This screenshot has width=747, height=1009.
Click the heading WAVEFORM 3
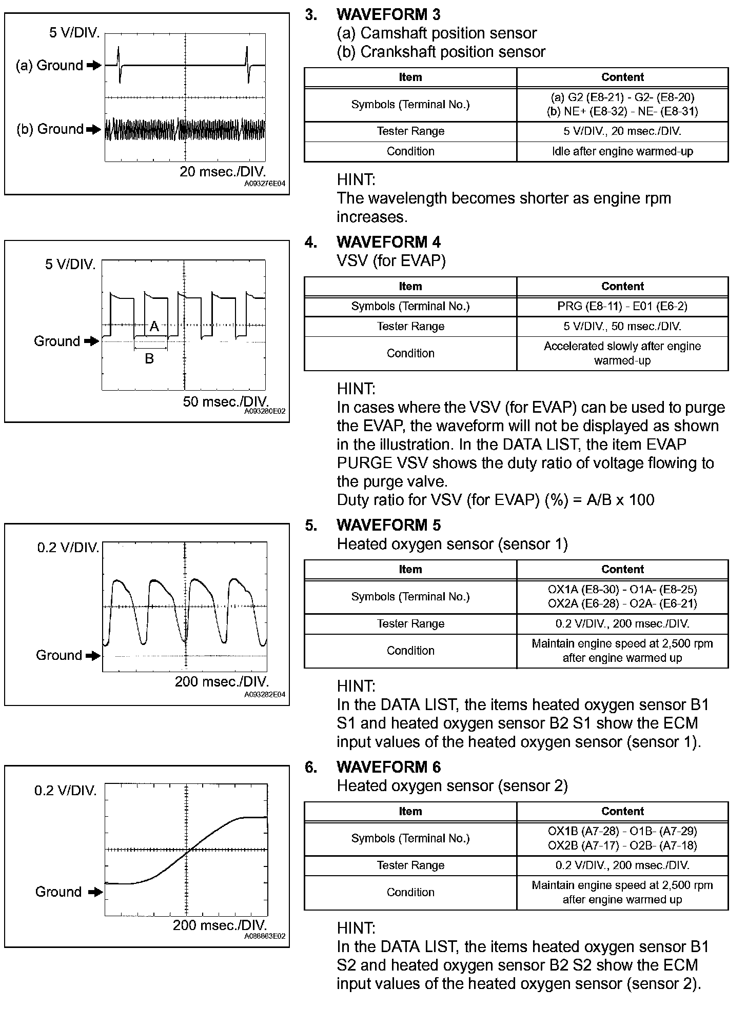pos(388,14)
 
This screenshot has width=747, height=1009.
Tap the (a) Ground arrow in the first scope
pos(94,65)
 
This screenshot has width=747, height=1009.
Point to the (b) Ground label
pos(50,129)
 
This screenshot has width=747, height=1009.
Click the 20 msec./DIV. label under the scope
pos(223,172)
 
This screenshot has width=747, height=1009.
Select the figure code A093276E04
pos(265,183)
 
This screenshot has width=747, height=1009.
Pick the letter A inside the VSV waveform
pos(154,326)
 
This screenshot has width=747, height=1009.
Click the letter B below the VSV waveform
pos(149,358)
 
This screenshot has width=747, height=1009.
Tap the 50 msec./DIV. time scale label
pos(226,401)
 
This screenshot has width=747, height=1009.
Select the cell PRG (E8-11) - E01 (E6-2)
pos(622,306)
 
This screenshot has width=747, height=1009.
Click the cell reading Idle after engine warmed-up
pos(622,151)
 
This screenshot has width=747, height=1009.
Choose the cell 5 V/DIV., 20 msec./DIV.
pos(622,131)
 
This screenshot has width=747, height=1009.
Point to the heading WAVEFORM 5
pos(388,525)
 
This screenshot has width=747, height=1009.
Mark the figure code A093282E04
pos(265,694)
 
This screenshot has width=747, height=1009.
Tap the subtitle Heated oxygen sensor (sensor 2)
pos(452,785)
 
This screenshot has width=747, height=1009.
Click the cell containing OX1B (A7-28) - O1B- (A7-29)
pos(622,831)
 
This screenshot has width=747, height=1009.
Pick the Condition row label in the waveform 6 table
pos(410,892)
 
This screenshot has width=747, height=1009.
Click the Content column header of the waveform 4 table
pos(622,286)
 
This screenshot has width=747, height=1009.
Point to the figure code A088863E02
pos(265,936)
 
